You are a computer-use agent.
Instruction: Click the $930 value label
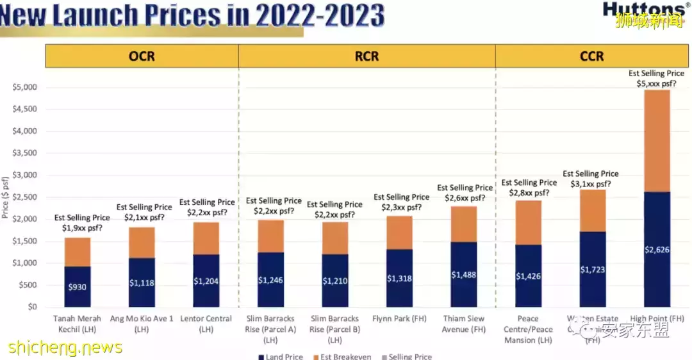pos(78,286)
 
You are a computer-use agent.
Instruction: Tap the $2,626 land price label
pos(657,250)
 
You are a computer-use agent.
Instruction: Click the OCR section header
pos(142,56)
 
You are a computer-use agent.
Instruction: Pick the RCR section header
pos(367,56)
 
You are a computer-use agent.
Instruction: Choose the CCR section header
pos(591,56)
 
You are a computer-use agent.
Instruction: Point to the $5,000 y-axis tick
pos(24,87)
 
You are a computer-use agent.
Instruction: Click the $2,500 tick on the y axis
pos(24,197)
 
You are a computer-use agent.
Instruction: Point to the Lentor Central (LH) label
pos(206,323)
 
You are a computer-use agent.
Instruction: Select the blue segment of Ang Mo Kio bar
pos(142,282)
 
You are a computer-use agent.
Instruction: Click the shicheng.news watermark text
pos(65,347)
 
